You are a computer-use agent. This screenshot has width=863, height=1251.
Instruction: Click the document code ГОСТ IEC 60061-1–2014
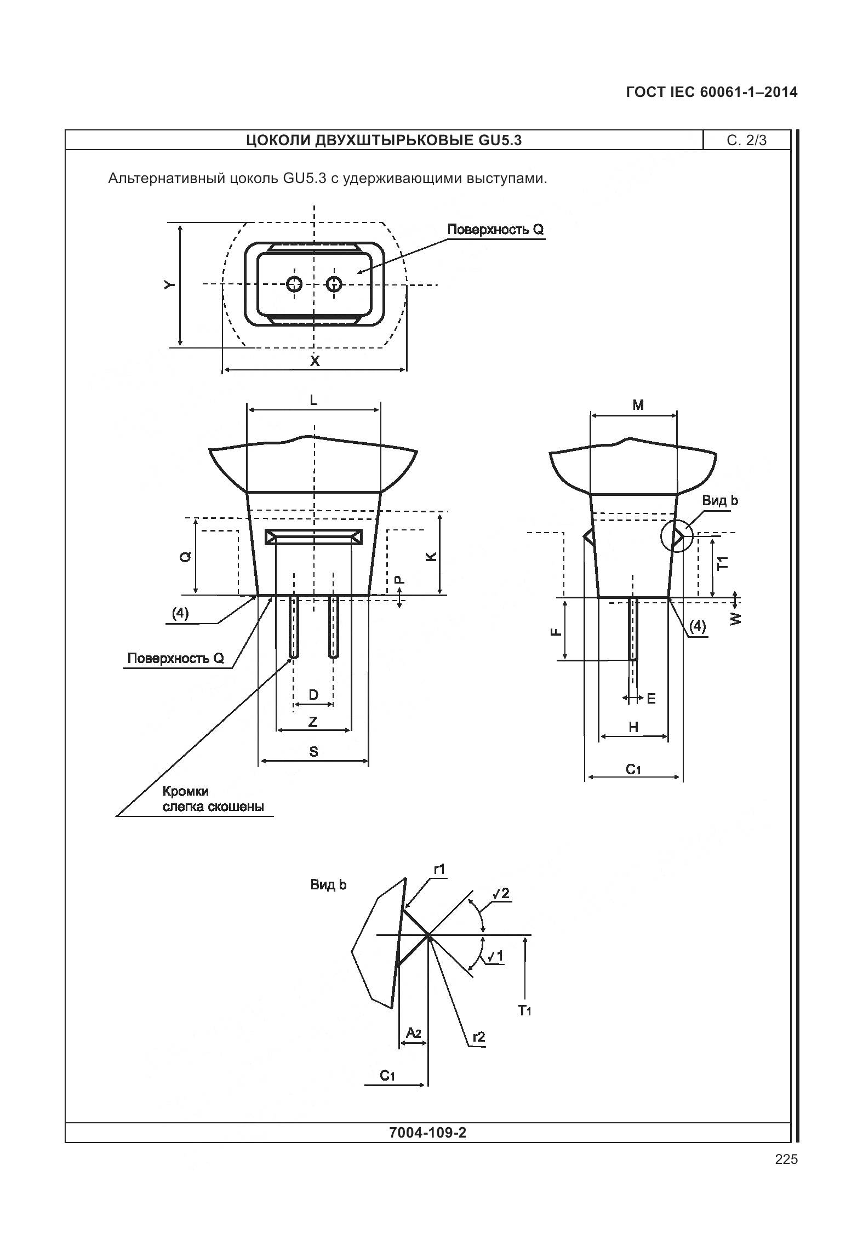(711, 92)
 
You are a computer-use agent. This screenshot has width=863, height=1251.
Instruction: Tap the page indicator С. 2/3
(747, 140)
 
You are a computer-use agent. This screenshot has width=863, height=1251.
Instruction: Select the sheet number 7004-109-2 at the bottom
(427, 1133)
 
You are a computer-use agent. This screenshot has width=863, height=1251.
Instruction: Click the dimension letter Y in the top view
(170, 285)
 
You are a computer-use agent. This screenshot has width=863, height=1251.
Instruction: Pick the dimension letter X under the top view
(315, 361)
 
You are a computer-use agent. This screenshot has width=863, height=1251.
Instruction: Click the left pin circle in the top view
(295, 284)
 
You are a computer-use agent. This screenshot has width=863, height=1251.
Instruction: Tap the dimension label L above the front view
(313, 400)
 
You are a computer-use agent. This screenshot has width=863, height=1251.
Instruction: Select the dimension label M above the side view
(638, 405)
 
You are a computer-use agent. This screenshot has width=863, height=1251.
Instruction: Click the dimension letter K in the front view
(432, 556)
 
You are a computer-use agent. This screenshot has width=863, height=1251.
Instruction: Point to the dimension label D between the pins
(313, 695)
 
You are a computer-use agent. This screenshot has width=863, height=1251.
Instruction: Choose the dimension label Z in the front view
(313, 722)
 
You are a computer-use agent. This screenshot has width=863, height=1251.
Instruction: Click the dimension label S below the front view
(313, 751)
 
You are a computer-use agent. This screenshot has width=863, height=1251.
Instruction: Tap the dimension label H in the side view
(633, 727)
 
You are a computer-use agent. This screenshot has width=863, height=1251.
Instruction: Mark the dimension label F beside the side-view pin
(556, 631)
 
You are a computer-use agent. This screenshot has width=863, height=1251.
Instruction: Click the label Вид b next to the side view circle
(720, 500)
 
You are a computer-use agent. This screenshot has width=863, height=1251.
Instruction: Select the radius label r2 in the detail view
(478, 1037)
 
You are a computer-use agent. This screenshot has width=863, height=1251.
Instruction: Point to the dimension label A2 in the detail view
(414, 1033)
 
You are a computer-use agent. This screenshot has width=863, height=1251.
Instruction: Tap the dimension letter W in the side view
(736, 618)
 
